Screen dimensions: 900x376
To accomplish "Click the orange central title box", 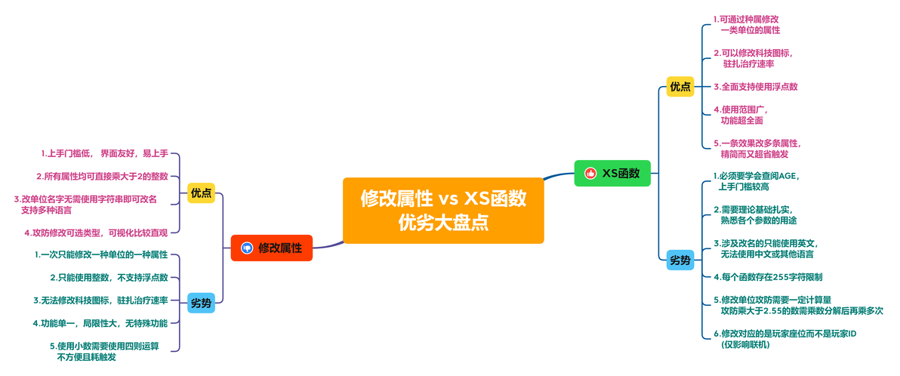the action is (x=443, y=211).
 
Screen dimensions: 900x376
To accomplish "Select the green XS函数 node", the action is (x=612, y=173).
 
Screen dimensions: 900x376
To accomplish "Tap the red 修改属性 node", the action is (x=272, y=248).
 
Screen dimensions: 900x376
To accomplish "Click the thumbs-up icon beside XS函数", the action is (x=590, y=174).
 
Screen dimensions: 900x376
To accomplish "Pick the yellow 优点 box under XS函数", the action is (x=681, y=87).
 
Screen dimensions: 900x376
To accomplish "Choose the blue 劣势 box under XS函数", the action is (x=681, y=260).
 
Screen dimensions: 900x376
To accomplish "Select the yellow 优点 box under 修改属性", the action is (x=201, y=193).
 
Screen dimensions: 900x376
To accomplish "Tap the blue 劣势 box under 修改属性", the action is (x=201, y=303).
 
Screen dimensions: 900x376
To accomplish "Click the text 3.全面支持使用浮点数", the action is (x=755, y=87).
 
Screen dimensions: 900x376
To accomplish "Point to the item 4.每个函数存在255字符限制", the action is (x=768, y=276).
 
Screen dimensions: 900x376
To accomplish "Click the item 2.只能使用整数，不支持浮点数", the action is (x=109, y=278).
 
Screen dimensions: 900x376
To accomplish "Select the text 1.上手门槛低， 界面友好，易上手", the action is (x=104, y=153).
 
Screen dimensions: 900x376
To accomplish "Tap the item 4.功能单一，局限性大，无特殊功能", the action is (x=100, y=323).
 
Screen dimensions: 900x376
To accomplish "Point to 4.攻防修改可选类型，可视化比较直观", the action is (x=96, y=233).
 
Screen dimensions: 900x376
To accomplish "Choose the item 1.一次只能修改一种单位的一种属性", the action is (x=101, y=254).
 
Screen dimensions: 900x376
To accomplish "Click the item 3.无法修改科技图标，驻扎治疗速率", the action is (x=100, y=300).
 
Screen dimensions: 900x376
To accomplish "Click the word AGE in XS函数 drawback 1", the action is (x=789, y=176).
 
